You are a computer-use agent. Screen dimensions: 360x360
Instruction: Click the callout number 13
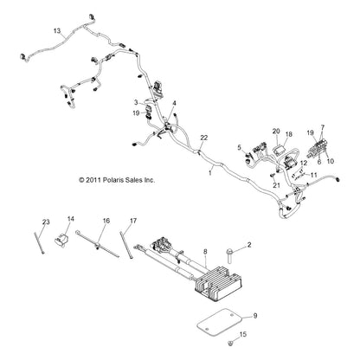57,30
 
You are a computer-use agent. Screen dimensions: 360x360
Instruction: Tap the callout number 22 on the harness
203,139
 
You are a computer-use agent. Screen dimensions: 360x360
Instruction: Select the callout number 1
209,172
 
